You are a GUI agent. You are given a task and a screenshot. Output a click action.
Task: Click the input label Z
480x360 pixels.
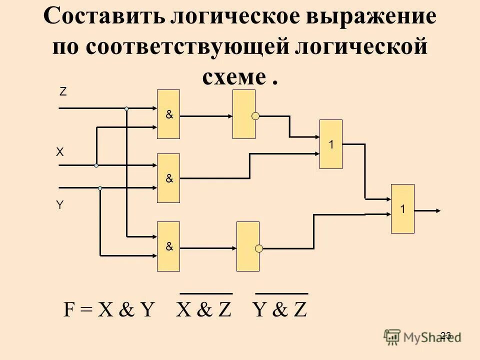click(x=63, y=92)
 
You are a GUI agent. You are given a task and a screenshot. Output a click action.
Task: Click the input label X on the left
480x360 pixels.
click(x=60, y=152)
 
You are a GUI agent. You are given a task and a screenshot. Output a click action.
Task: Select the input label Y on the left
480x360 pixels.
click(x=60, y=205)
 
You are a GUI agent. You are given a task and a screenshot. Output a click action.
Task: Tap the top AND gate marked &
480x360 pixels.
click(x=168, y=114)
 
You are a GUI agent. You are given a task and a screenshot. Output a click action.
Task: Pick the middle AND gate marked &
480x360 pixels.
click(x=168, y=178)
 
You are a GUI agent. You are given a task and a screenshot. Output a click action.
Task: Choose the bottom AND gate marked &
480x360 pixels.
click(x=168, y=246)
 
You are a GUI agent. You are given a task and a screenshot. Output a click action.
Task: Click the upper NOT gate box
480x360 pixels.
click(x=243, y=114)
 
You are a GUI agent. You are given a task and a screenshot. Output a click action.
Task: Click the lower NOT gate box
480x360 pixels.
click(x=247, y=246)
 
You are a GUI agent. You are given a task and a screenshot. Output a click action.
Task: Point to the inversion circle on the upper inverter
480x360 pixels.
click(x=255, y=116)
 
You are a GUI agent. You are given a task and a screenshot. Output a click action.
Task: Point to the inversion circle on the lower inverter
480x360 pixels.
click(x=259, y=248)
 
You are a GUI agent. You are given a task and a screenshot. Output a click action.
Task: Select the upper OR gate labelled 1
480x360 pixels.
click(x=331, y=144)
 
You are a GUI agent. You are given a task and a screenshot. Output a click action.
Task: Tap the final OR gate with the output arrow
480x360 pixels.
click(x=402, y=208)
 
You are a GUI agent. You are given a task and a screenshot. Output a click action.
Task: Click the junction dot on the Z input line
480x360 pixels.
click(x=126, y=108)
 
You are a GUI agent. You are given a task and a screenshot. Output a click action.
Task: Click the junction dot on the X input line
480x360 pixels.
click(x=96, y=165)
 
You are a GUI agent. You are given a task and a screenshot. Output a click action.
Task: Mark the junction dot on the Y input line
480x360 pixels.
click(x=100, y=188)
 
